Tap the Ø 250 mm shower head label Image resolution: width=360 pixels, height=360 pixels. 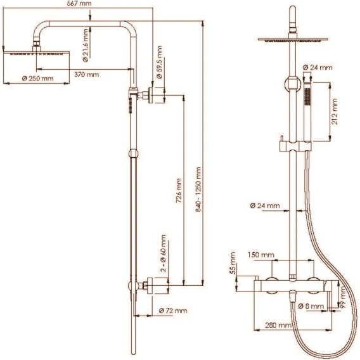(x=37, y=79)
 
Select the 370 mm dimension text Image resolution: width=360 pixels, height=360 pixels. (x=87, y=74)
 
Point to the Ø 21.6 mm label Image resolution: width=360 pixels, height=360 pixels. (x=85, y=46)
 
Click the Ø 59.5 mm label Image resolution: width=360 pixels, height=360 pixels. (x=159, y=62)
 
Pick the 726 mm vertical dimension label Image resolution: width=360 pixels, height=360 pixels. (x=179, y=191)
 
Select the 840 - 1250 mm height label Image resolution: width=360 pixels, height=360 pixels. (x=198, y=190)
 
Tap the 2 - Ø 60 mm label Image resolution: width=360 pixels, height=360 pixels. (x=163, y=254)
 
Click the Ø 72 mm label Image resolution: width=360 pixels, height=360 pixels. (x=173, y=311)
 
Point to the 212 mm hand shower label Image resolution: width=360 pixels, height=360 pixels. (x=335, y=112)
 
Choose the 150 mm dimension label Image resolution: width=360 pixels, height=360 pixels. (x=261, y=255)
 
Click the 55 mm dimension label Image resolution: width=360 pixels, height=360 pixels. (x=233, y=263)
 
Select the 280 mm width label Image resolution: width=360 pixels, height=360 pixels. (x=278, y=325)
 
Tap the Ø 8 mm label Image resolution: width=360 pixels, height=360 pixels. (x=311, y=306)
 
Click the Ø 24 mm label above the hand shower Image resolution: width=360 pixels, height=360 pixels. (x=318, y=67)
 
